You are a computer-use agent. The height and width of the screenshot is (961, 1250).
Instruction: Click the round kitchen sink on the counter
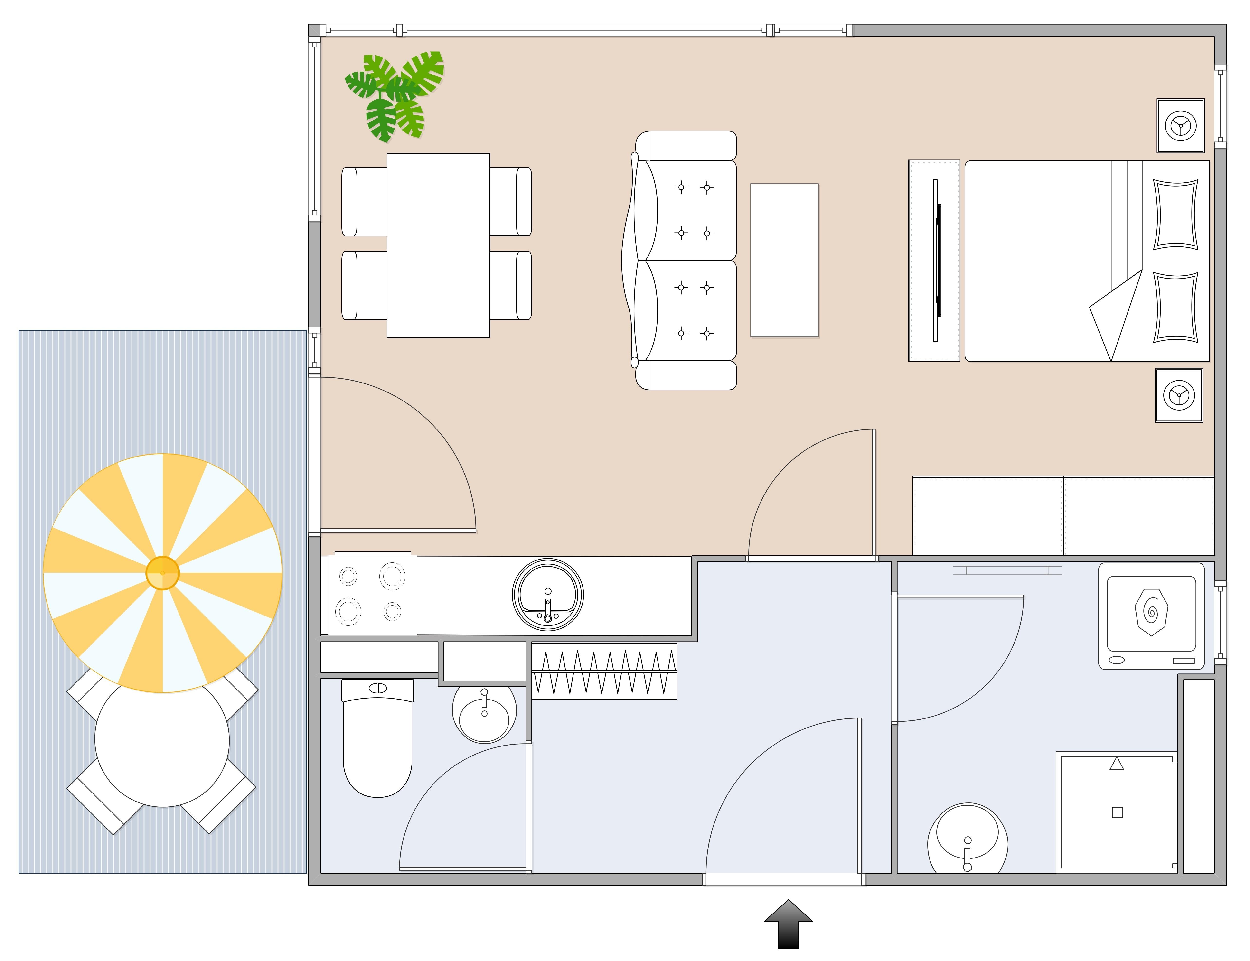pos(547,595)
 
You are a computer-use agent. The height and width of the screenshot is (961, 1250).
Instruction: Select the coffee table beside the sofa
pos(784,260)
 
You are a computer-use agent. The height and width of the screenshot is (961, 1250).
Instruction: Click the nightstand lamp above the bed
pos(1180,126)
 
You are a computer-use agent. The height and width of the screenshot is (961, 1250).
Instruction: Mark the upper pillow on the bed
pos(1176,215)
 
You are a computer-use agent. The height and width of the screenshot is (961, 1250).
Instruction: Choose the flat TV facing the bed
pos(935,260)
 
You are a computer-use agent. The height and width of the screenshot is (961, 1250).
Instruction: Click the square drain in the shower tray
pos(1117,812)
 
